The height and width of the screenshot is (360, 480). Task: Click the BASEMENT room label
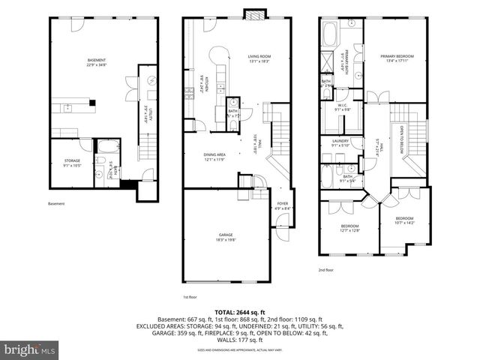click(95, 60)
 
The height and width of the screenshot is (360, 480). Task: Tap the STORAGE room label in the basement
click(71, 160)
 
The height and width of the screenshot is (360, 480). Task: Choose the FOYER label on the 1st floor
click(282, 203)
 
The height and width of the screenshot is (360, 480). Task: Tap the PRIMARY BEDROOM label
click(397, 55)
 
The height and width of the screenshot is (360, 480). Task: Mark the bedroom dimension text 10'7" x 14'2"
click(405, 222)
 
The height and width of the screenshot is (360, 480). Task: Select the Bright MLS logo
click(30, 349)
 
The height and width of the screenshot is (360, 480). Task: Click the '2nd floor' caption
click(325, 268)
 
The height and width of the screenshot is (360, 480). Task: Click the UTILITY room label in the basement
click(150, 115)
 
